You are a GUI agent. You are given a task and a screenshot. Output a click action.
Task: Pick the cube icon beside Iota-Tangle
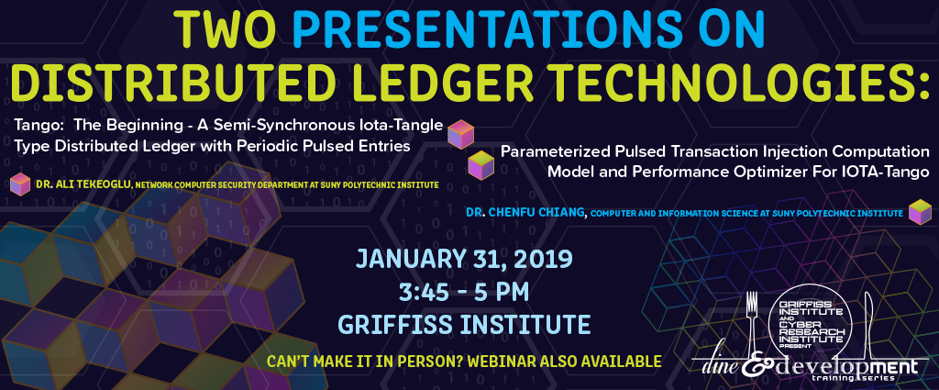click(x=461, y=134)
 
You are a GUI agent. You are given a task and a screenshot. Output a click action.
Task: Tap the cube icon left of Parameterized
click(x=481, y=165)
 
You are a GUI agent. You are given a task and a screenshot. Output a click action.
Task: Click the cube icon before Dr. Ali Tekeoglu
click(x=20, y=184)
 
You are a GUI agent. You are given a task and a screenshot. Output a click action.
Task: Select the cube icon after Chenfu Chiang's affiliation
click(x=920, y=212)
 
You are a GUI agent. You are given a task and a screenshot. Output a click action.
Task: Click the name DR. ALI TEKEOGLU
click(x=83, y=185)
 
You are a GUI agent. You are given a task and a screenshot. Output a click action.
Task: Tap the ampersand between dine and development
click(x=754, y=366)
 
